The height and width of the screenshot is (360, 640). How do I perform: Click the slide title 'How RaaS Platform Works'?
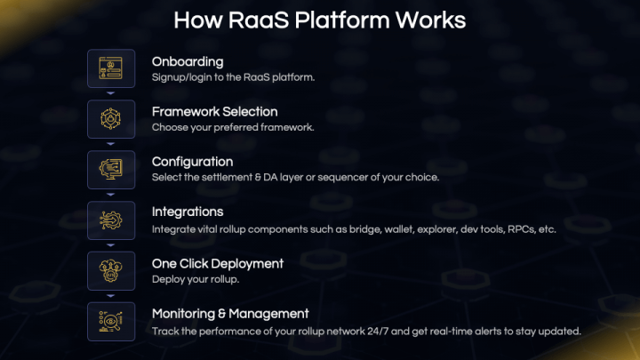coord(319,20)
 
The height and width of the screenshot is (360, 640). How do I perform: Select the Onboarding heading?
coord(187,62)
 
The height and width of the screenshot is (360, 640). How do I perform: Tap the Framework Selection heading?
coord(214,112)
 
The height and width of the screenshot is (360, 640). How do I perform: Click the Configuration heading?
coord(192,162)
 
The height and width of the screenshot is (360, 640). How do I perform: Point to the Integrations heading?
coord(188,212)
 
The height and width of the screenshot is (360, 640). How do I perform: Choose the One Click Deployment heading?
coord(218,263)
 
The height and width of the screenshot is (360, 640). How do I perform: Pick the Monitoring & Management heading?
coord(230,314)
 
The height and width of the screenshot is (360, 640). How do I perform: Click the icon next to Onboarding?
coord(111,68)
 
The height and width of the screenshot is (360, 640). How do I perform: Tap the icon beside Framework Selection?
coord(111,119)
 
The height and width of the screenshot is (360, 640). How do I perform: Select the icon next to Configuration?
coord(111,170)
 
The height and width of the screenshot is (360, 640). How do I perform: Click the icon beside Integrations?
coord(111,220)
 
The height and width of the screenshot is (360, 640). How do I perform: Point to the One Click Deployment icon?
coord(111,271)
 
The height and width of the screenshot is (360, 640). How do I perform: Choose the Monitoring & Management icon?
coord(111,322)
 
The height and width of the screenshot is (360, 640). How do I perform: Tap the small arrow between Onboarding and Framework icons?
coord(111,92)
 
